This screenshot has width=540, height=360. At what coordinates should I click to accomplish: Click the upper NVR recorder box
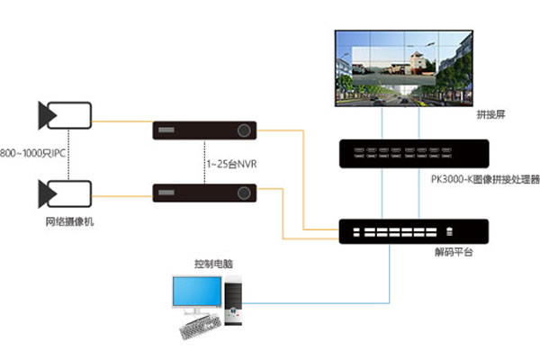pos(204,130)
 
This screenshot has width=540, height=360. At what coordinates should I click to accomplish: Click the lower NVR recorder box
pos(204,193)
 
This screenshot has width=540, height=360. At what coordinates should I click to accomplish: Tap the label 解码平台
pos(454,255)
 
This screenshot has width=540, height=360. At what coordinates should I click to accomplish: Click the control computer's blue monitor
pos(197,293)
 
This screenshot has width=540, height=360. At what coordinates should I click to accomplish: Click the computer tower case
pos(234,301)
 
